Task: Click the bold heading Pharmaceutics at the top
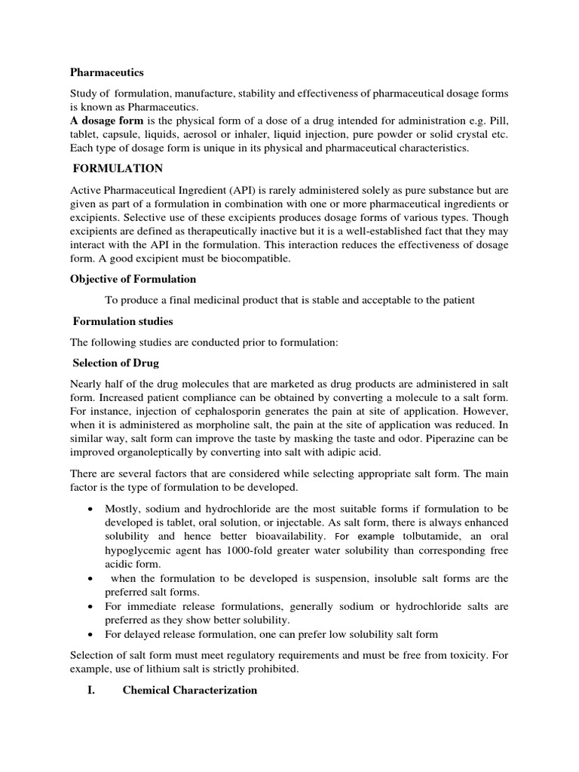(106, 73)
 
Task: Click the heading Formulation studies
(123, 321)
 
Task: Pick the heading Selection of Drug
(116, 363)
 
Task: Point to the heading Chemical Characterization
(190, 690)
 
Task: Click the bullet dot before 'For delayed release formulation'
(90, 634)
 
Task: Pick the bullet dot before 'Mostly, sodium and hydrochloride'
(90, 508)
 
